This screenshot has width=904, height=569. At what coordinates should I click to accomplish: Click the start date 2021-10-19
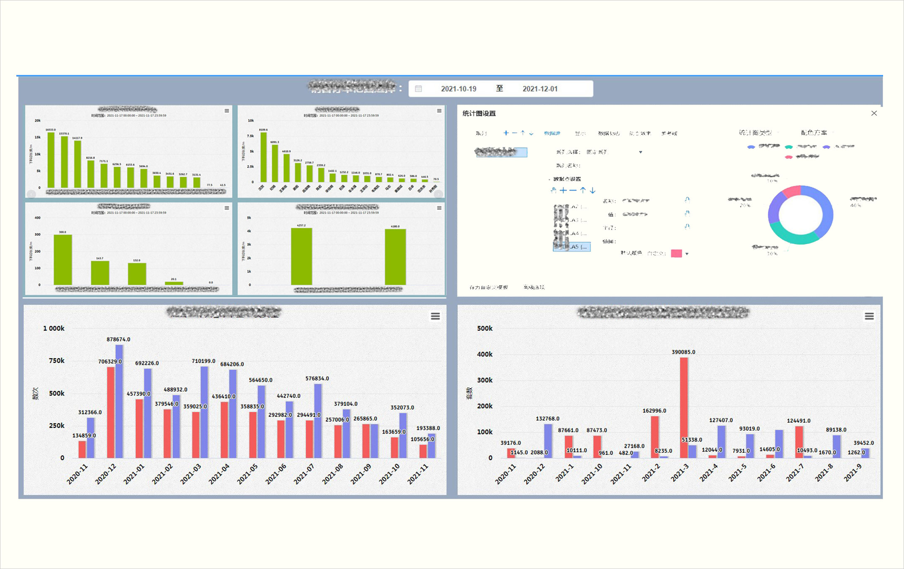pyautogui.click(x=458, y=89)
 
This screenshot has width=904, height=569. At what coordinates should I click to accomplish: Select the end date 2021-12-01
pyautogui.click(x=540, y=89)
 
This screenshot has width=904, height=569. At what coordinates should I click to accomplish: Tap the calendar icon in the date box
pyautogui.click(x=418, y=89)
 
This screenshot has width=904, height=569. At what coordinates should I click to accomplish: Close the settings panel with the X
pyautogui.click(x=874, y=113)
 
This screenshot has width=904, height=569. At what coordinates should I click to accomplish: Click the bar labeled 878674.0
pyautogui.click(x=119, y=401)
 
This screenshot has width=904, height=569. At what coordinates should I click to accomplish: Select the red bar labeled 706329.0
pyautogui.click(x=110, y=412)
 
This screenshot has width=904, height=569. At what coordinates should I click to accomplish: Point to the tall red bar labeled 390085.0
pyautogui.click(x=684, y=408)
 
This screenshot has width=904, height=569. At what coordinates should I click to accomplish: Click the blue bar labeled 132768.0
pyautogui.click(x=548, y=441)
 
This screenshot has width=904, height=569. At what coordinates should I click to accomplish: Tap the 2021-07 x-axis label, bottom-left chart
pyautogui.click(x=304, y=474)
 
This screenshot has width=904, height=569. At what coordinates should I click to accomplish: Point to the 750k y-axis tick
pyautogui.click(x=56, y=361)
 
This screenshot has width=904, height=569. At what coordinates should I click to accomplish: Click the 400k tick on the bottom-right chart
pyautogui.click(x=485, y=355)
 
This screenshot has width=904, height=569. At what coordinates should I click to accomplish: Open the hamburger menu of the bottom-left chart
pyautogui.click(x=435, y=316)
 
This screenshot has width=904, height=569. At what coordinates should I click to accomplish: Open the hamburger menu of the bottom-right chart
pyautogui.click(x=869, y=316)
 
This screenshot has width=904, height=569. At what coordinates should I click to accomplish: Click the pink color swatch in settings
pyautogui.click(x=676, y=253)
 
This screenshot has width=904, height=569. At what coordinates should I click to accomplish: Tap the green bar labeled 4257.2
pyautogui.click(x=301, y=256)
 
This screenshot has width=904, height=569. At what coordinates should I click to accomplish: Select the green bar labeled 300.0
pyautogui.click(x=63, y=260)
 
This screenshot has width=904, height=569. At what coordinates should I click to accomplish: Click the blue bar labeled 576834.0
pyautogui.click(x=318, y=421)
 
